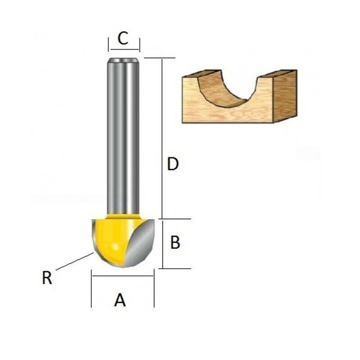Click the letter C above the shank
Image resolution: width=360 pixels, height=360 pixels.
coord(123,39)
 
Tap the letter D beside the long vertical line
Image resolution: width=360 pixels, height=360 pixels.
coord(173,165)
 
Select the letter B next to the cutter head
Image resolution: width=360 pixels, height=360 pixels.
coord(175,243)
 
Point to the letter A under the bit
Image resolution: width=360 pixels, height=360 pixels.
coord(120,300)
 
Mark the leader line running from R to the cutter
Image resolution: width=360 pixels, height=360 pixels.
coord(74,262)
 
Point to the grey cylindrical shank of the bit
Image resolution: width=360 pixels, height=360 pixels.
coord(122,135)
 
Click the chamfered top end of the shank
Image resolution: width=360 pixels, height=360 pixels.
coord(122,60)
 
